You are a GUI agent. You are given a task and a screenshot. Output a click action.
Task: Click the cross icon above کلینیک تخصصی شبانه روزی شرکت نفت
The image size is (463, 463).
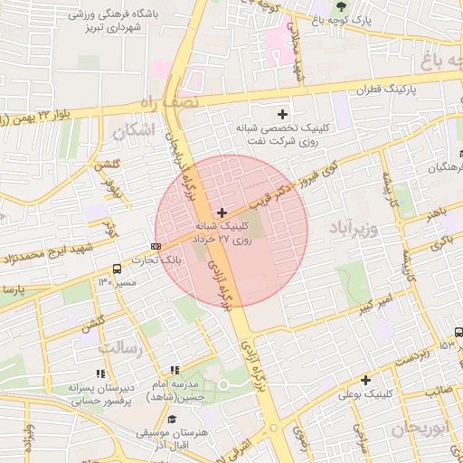(x=283, y=114)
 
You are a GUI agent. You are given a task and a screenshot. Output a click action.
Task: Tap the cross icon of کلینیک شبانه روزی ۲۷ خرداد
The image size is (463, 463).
(x=222, y=212)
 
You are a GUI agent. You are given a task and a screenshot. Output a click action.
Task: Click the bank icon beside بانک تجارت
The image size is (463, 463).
(x=156, y=245)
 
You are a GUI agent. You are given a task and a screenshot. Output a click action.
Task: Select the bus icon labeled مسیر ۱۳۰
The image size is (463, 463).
(x=117, y=269)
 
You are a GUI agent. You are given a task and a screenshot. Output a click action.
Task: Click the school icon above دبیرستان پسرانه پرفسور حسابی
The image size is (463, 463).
(x=100, y=373)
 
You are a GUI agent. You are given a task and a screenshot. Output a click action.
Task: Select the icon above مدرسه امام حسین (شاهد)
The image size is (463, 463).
(x=175, y=369)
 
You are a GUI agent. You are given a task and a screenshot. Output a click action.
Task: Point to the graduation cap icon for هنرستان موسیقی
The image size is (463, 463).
(x=172, y=420)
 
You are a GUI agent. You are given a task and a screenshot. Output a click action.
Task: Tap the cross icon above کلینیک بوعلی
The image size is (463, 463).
(x=365, y=380)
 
